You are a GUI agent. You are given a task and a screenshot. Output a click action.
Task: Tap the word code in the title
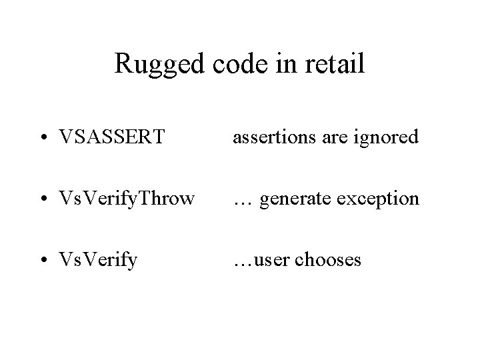coord(231,65)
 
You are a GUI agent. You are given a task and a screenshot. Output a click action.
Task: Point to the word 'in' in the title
coord(279,65)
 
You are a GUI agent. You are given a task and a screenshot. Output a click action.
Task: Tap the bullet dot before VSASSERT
coord(43,138)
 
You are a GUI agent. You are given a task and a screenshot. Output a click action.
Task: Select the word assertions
coord(270,137)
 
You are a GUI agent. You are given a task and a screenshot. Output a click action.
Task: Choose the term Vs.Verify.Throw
coord(127,199)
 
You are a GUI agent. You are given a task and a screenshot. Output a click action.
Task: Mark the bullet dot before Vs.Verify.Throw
coord(43,199)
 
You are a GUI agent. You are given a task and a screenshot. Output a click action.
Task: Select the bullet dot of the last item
coord(43,260)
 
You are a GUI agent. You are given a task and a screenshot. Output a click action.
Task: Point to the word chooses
coord(329,259)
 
